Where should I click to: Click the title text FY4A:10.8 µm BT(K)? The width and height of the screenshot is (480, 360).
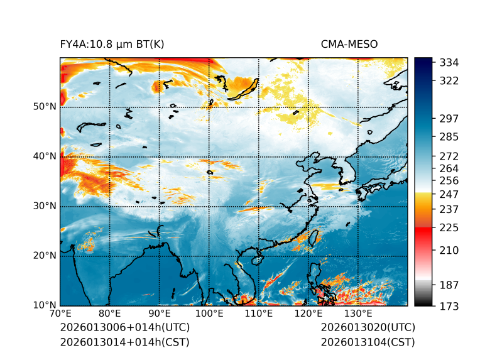click(x=112, y=44)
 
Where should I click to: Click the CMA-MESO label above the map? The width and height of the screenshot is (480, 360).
click(x=349, y=44)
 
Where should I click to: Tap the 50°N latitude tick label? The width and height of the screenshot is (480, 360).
click(x=45, y=107)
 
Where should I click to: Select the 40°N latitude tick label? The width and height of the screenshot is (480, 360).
click(x=45, y=156)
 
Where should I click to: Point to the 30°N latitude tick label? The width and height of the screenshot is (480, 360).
click(x=45, y=206)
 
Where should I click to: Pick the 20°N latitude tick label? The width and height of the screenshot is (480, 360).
click(x=45, y=256)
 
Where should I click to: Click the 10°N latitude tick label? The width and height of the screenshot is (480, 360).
click(x=45, y=305)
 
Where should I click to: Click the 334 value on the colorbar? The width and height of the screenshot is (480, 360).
click(x=449, y=63)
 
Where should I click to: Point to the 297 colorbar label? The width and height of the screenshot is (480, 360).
click(x=449, y=118)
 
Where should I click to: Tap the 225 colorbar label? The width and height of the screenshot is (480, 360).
click(x=449, y=227)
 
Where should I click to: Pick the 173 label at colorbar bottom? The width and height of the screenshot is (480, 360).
click(x=449, y=306)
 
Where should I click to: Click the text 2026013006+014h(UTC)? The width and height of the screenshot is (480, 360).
click(x=124, y=328)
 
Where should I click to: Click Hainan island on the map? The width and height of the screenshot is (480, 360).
click(x=256, y=260)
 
